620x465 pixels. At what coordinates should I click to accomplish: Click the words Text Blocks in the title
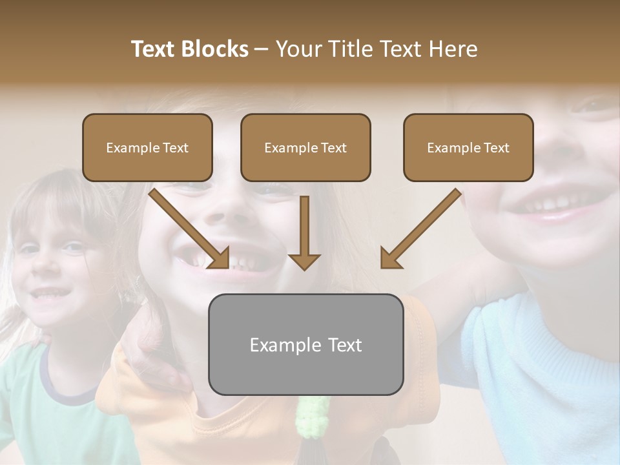(189, 49)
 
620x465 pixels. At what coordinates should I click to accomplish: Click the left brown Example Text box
(147, 148)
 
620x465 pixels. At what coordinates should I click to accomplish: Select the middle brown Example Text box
(305, 148)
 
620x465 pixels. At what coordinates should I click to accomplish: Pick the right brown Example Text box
(468, 148)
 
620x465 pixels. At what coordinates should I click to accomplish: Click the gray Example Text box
(305, 345)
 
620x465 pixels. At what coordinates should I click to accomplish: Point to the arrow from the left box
(189, 228)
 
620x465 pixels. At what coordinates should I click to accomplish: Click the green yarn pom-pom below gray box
(313, 417)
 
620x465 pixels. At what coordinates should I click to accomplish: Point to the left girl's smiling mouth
(48, 294)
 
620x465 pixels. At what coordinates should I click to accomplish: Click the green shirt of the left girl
(39, 413)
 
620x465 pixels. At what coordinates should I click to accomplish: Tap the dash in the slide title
(262, 50)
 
